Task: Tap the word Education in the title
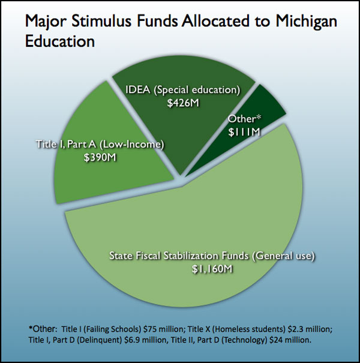click(60, 42)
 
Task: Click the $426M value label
click(182, 103)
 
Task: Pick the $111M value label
click(244, 131)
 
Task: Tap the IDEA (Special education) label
click(182, 90)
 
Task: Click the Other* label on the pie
click(244, 119)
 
